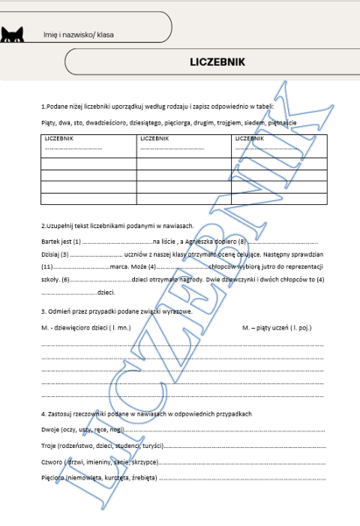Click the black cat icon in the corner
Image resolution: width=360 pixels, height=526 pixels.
[x=11, y=34]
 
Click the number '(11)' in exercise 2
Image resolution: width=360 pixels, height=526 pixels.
[x=48, y=266]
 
